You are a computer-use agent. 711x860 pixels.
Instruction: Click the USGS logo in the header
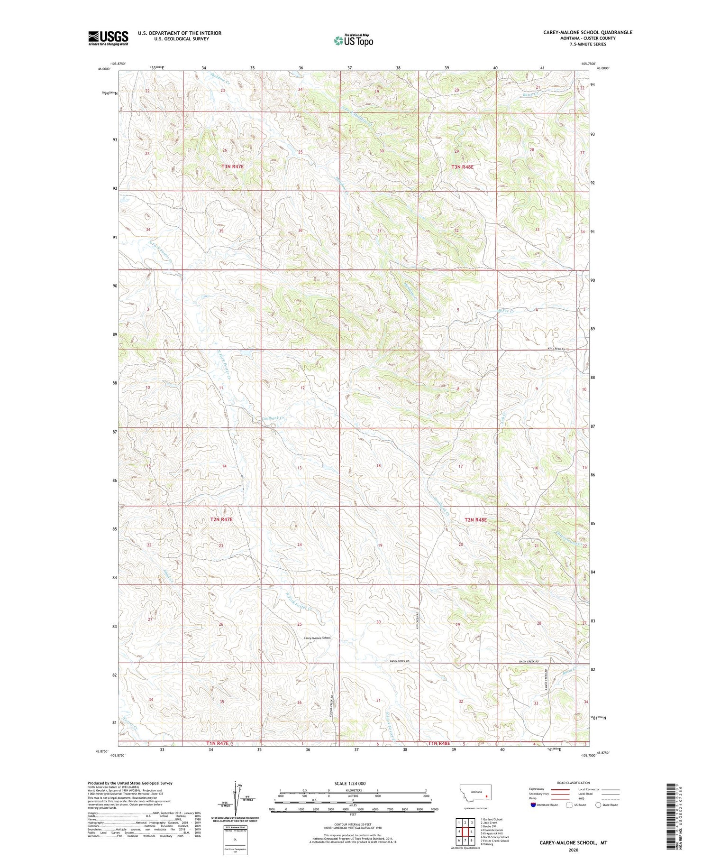108,38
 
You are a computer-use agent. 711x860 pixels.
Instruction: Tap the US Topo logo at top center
353,40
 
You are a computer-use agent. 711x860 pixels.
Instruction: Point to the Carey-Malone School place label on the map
317,638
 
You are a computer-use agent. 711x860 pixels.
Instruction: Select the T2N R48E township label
475,520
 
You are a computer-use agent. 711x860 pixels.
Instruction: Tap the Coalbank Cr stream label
273,418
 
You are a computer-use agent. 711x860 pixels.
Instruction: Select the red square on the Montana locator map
486,796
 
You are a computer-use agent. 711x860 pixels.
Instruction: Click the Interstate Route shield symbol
533,805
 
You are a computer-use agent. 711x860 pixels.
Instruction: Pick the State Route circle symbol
598,805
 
